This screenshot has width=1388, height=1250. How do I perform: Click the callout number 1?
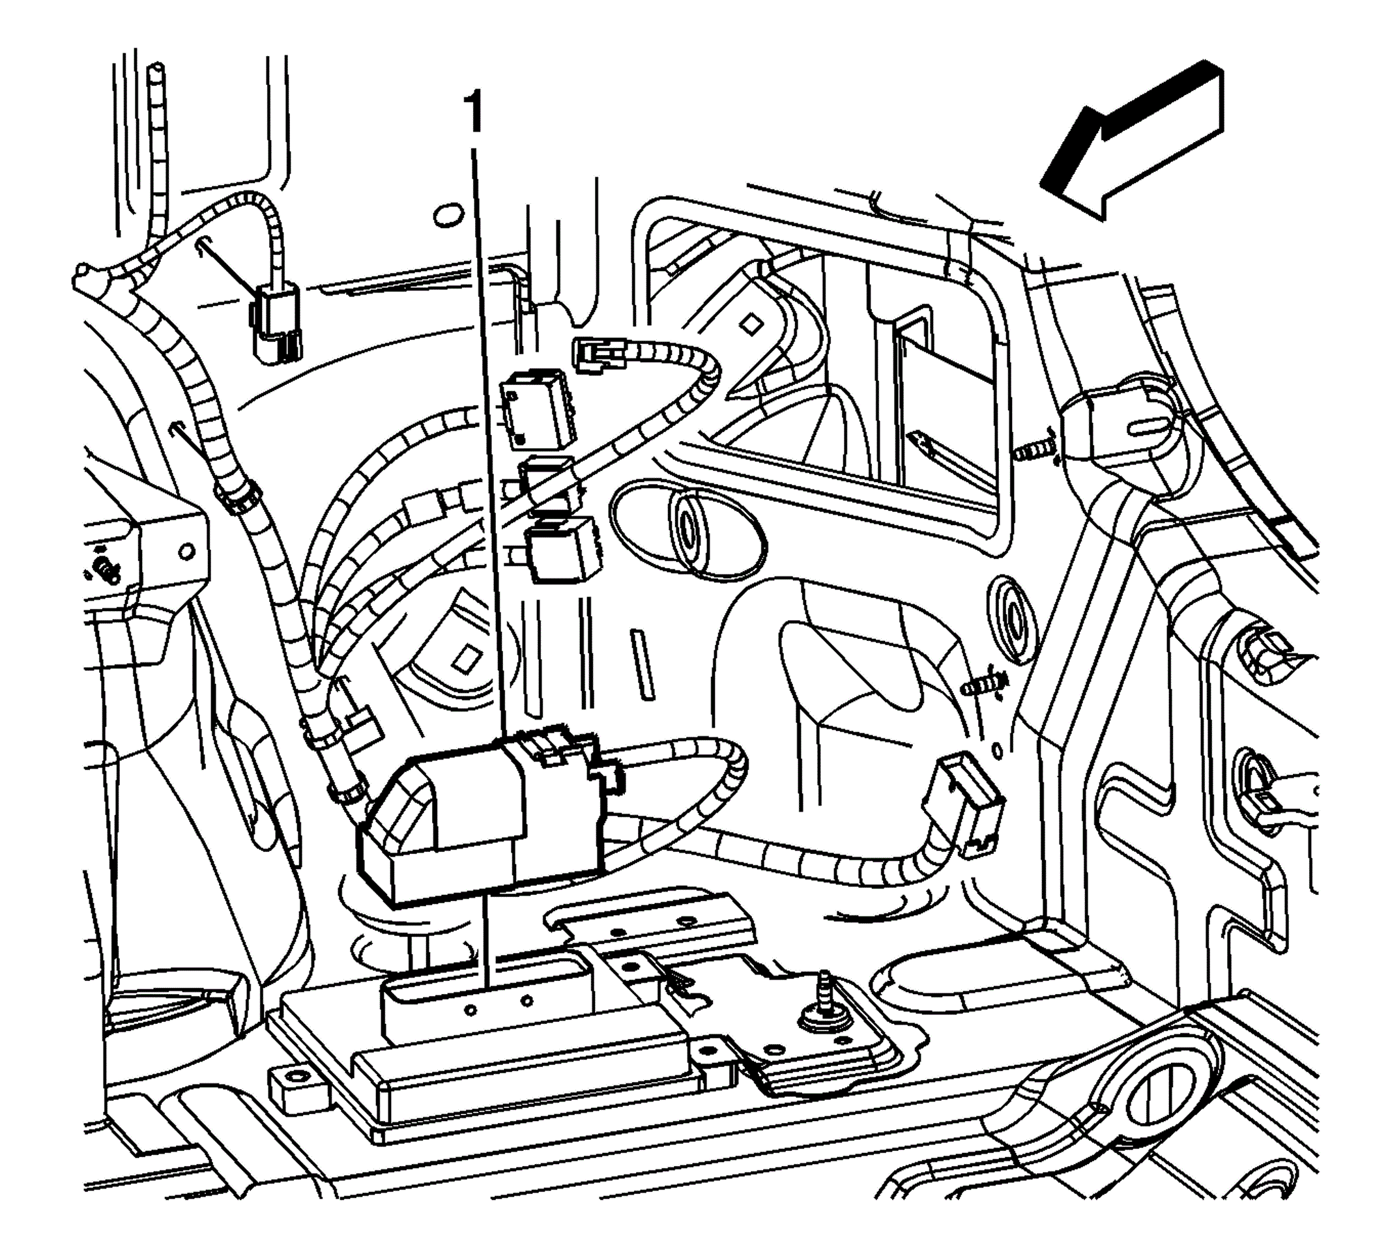(x=474, y=114)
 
